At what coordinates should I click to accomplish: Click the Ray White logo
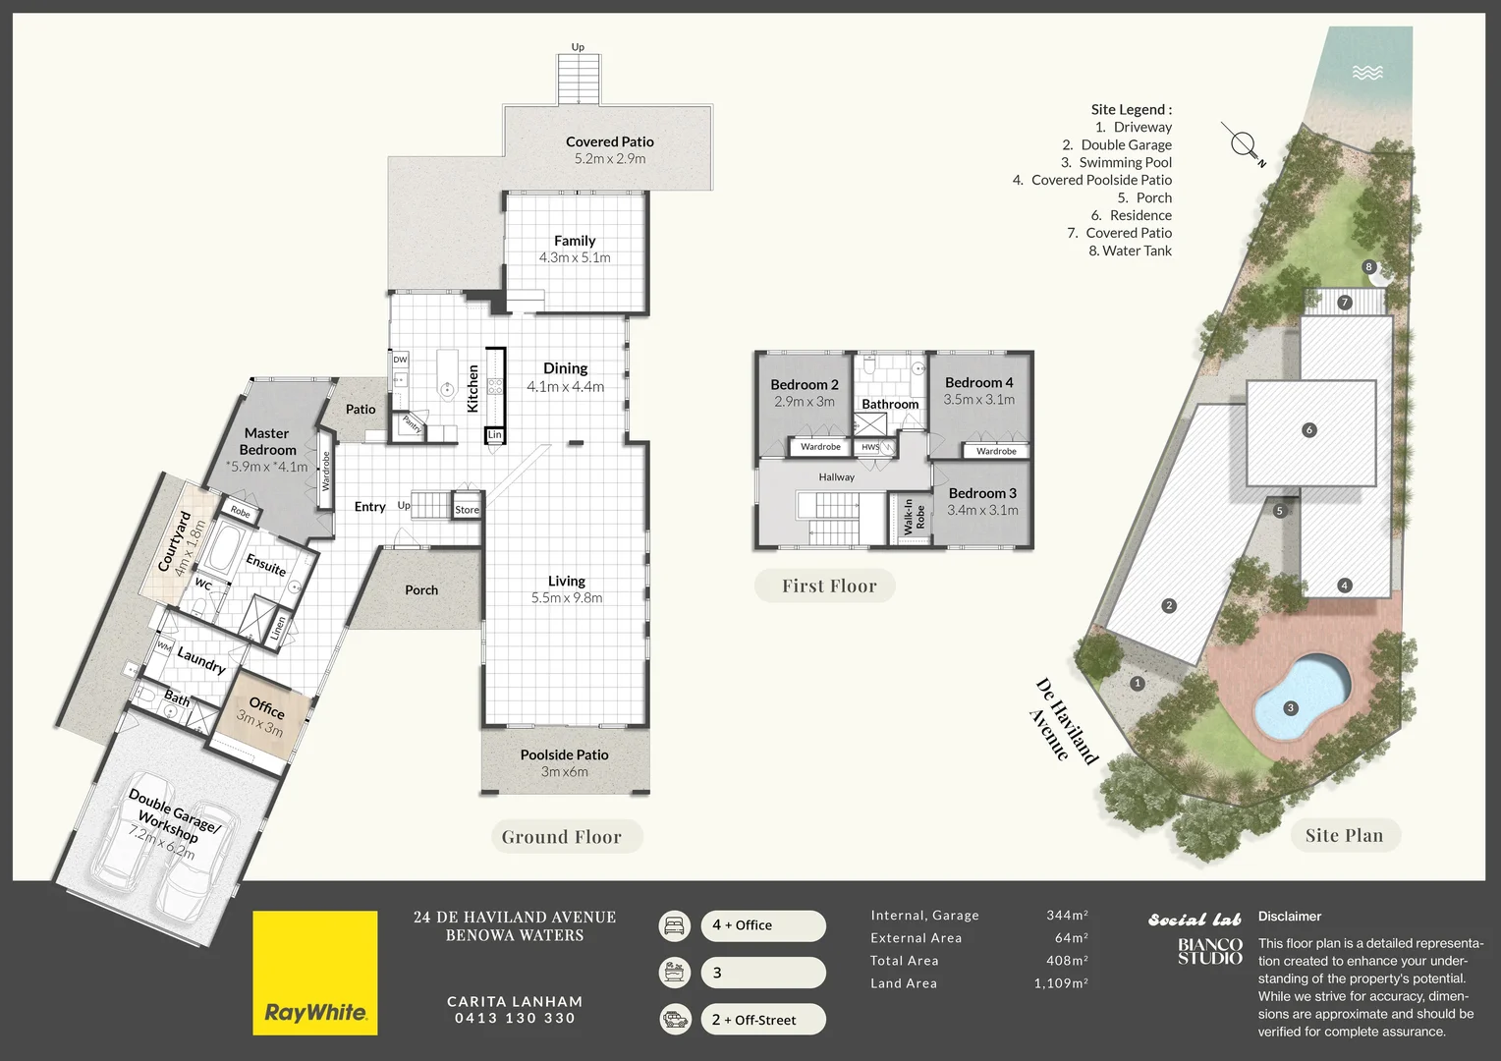314,973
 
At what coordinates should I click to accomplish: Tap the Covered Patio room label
609,141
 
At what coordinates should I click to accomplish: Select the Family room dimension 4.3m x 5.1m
575,257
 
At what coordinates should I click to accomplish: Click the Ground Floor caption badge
562,837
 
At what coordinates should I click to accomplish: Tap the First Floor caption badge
828,586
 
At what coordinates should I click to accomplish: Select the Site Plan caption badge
1344,836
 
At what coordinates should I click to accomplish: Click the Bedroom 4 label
978,382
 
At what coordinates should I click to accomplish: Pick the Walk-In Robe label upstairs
914,516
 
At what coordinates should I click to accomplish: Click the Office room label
266,707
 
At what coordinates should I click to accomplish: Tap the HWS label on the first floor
870,447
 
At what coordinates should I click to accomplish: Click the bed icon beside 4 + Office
674,925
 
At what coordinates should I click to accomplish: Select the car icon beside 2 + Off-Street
674,1019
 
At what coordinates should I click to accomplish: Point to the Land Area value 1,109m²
1060,983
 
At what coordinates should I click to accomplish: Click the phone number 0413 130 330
515,1018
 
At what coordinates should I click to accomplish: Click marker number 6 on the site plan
1308,430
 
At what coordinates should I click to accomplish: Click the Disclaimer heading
1289,917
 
